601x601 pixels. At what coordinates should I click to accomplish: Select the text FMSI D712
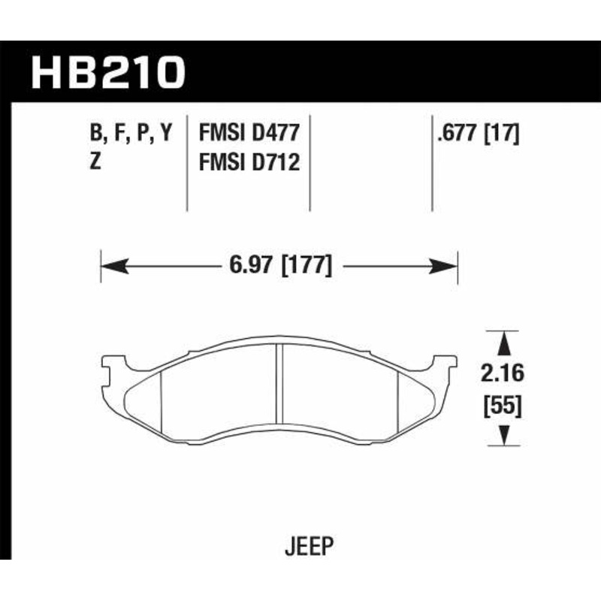pos(249,162)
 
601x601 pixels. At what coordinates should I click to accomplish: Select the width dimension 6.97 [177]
pos(279,265)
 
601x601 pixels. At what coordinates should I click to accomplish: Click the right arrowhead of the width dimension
pos(448,265)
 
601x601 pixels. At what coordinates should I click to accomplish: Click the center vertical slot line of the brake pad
pos(279,387)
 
